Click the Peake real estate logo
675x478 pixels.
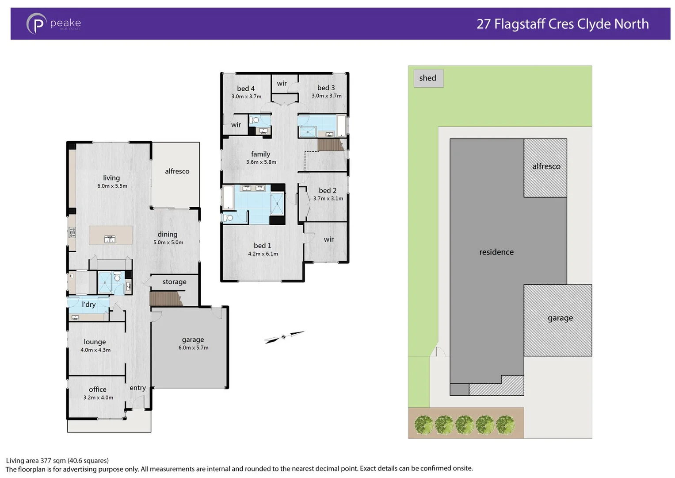(x=53, y=24)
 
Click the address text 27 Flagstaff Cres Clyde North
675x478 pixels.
(x=562, y=24)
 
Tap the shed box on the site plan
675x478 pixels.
(x=428, y=78)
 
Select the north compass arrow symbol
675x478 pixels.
(x=284, y=337)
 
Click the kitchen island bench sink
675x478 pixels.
(x=110, y=239)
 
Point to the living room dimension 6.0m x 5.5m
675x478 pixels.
(x=112, y=186)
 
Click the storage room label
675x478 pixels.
(x=174, y=282)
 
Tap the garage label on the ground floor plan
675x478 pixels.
(x=193, y=340)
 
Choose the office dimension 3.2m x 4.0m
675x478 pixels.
(x=98, y=397)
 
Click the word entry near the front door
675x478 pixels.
(x=137, y=388)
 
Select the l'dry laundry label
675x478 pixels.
(x=88, y=305)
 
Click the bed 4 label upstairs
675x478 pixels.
(x=246, y=89)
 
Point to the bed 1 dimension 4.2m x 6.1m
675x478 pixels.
(x=263, y=254)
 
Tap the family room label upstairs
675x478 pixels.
(x=260, y=154)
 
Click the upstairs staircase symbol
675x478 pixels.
(x=330, y=145)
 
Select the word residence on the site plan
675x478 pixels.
(x=496, y=252)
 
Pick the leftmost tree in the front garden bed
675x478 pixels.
(x=424, y=425)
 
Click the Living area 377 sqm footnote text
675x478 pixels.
(x=57, y=461)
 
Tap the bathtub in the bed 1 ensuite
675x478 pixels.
(x=228, y=197)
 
